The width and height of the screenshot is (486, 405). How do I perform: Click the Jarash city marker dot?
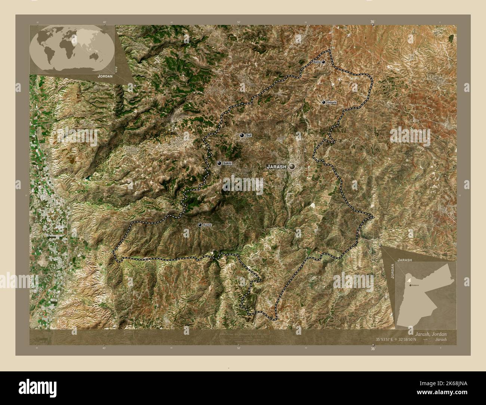(292, 167)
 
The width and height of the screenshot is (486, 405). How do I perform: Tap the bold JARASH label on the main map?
(276, 167)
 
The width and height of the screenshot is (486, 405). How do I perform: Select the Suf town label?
(249, 135)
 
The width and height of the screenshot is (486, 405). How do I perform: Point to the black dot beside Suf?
(242, 135)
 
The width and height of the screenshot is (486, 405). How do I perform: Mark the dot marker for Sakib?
(219, 164)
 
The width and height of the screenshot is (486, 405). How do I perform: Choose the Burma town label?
(207, 225)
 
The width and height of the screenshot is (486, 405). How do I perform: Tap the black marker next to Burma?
(200, 225)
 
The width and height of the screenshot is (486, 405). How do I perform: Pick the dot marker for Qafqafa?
(324, 102)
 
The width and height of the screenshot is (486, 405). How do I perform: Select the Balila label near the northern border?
(317, 62)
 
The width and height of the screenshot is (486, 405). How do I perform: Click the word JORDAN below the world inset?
(104, 76)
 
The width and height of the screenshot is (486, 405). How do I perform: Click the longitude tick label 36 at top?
(372, 22)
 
